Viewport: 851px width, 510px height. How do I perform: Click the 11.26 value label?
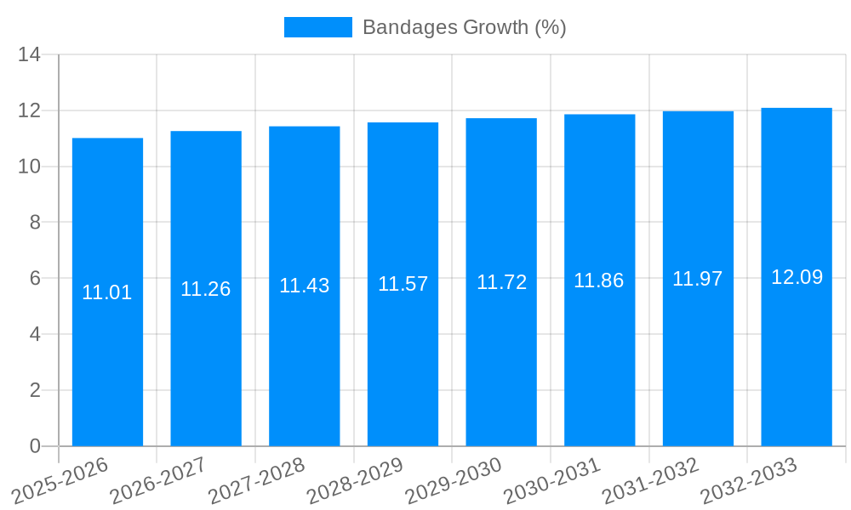tap(205, 289)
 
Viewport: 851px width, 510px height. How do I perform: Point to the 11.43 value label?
tap(304, 286)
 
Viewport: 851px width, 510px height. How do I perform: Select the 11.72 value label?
tap(501, 282)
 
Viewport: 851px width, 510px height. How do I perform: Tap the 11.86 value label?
tap(599, 280)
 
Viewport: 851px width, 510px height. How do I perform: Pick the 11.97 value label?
tap(698, 279)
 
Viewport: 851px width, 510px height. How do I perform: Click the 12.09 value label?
tap(797, 277)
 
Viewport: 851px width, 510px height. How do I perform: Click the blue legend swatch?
tap(317, 27)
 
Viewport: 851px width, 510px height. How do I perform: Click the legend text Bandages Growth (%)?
tap(465, 27)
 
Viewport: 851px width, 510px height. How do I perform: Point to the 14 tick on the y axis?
tap(29, 55)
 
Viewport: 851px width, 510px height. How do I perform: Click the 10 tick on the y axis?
tap(29, 167)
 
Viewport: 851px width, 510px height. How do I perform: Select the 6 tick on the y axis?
tap(35, 279)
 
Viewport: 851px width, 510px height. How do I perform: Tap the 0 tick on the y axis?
tap(35, 446)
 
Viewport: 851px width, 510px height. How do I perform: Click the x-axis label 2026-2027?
tap(159, 480)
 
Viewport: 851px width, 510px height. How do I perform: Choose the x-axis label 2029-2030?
tap(454, 480)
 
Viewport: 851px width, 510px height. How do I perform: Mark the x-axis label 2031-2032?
tap(651, 480)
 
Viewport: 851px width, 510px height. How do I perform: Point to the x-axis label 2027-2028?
tap(258, 480)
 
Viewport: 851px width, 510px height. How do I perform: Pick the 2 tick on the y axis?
tap(35, 390)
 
